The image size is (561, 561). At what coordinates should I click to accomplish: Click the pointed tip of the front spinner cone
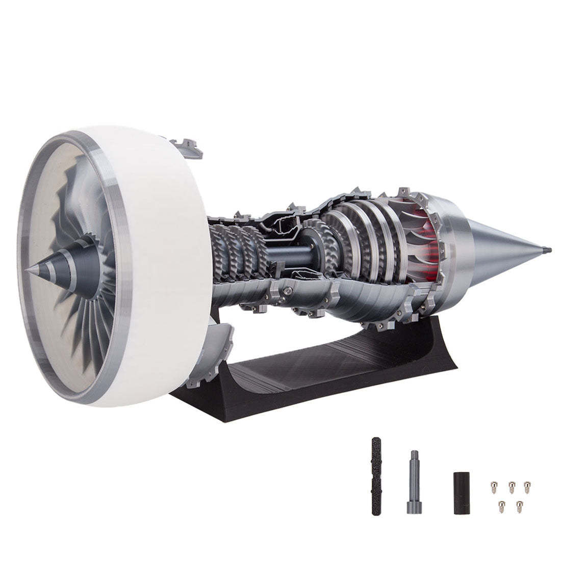click(30, 270)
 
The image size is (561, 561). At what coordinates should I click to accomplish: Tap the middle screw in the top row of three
click(510, 484)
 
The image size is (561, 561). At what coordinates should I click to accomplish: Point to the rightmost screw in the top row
click(527, 484)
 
